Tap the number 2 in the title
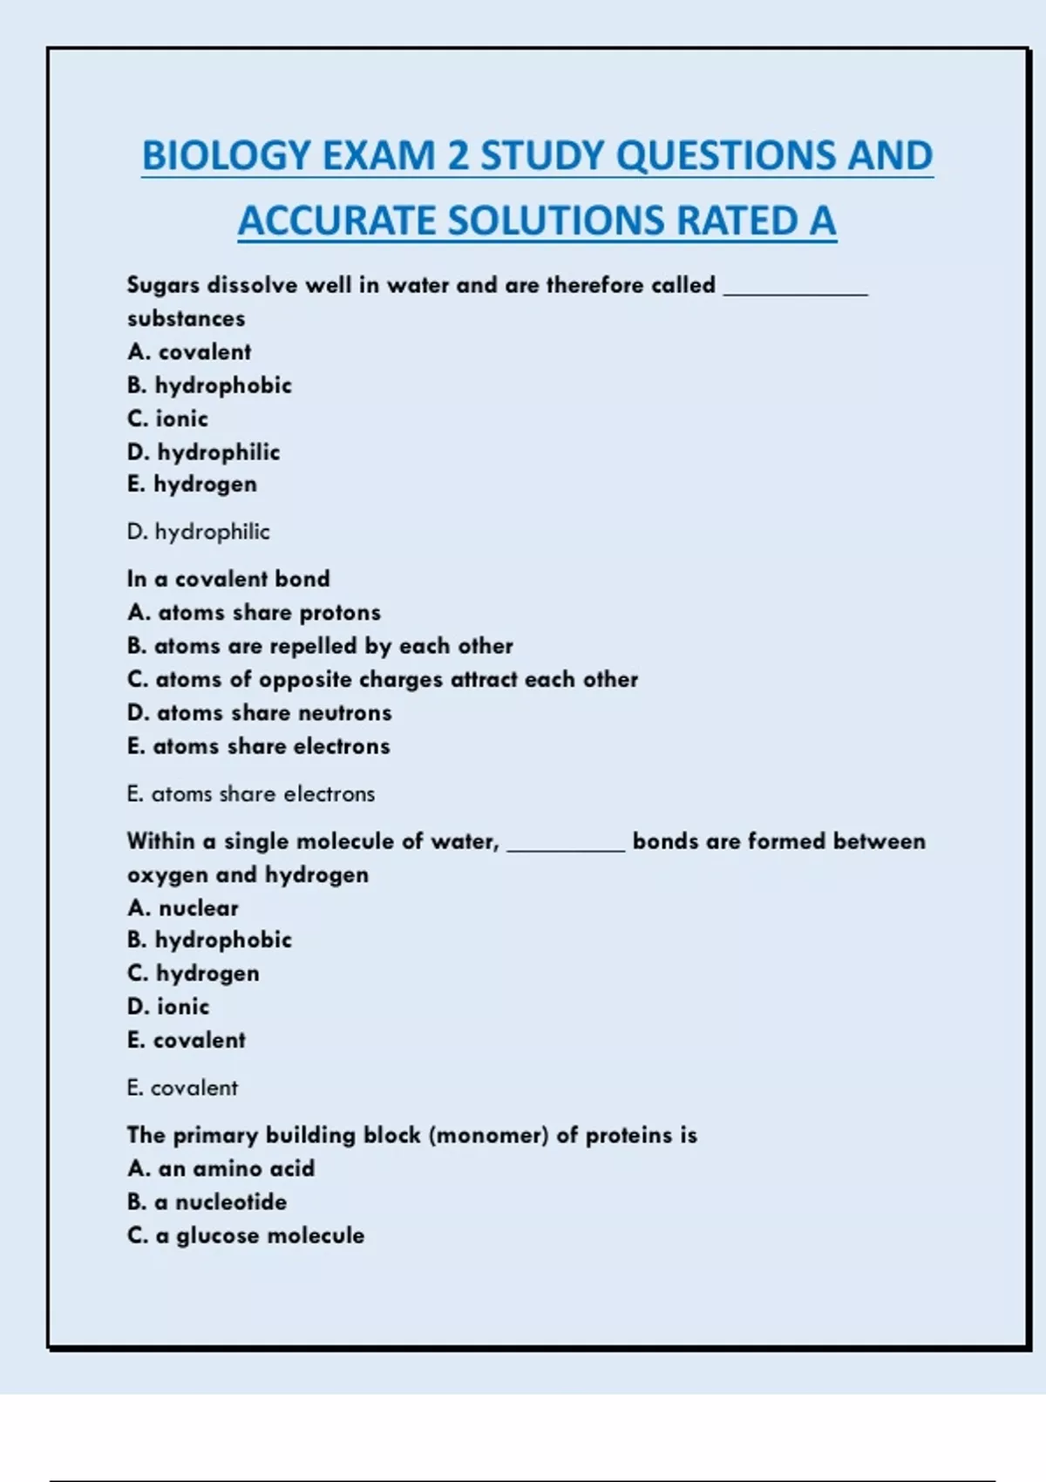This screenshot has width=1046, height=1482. click(x=458, y=156)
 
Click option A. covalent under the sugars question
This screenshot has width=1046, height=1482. click(x=189, y=352)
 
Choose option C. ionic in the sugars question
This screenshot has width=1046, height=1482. click(x=167, y=419)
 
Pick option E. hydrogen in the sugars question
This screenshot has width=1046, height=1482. click(x=192, y=485)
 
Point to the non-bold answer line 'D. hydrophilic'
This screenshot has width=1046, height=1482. click(x=198, y=532)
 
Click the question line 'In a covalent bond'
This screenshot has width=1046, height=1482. click(x=228, y=579)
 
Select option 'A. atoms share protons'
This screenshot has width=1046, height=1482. click(x=254, y=613)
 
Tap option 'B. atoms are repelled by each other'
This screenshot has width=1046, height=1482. click(x=320, y=646)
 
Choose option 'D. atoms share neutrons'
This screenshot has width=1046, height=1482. click(x=259, y=713)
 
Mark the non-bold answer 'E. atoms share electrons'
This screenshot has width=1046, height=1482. click(x=251, y=794)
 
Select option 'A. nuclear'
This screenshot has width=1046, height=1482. click(x=182, y=908)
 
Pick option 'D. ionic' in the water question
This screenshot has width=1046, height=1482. click(x=168, y=1007)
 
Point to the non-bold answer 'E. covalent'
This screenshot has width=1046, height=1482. click(x=182, y=1088)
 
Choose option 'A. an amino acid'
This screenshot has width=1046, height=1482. click(x=221, y=1169)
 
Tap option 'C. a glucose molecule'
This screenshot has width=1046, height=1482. click(x=246, y=1235)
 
